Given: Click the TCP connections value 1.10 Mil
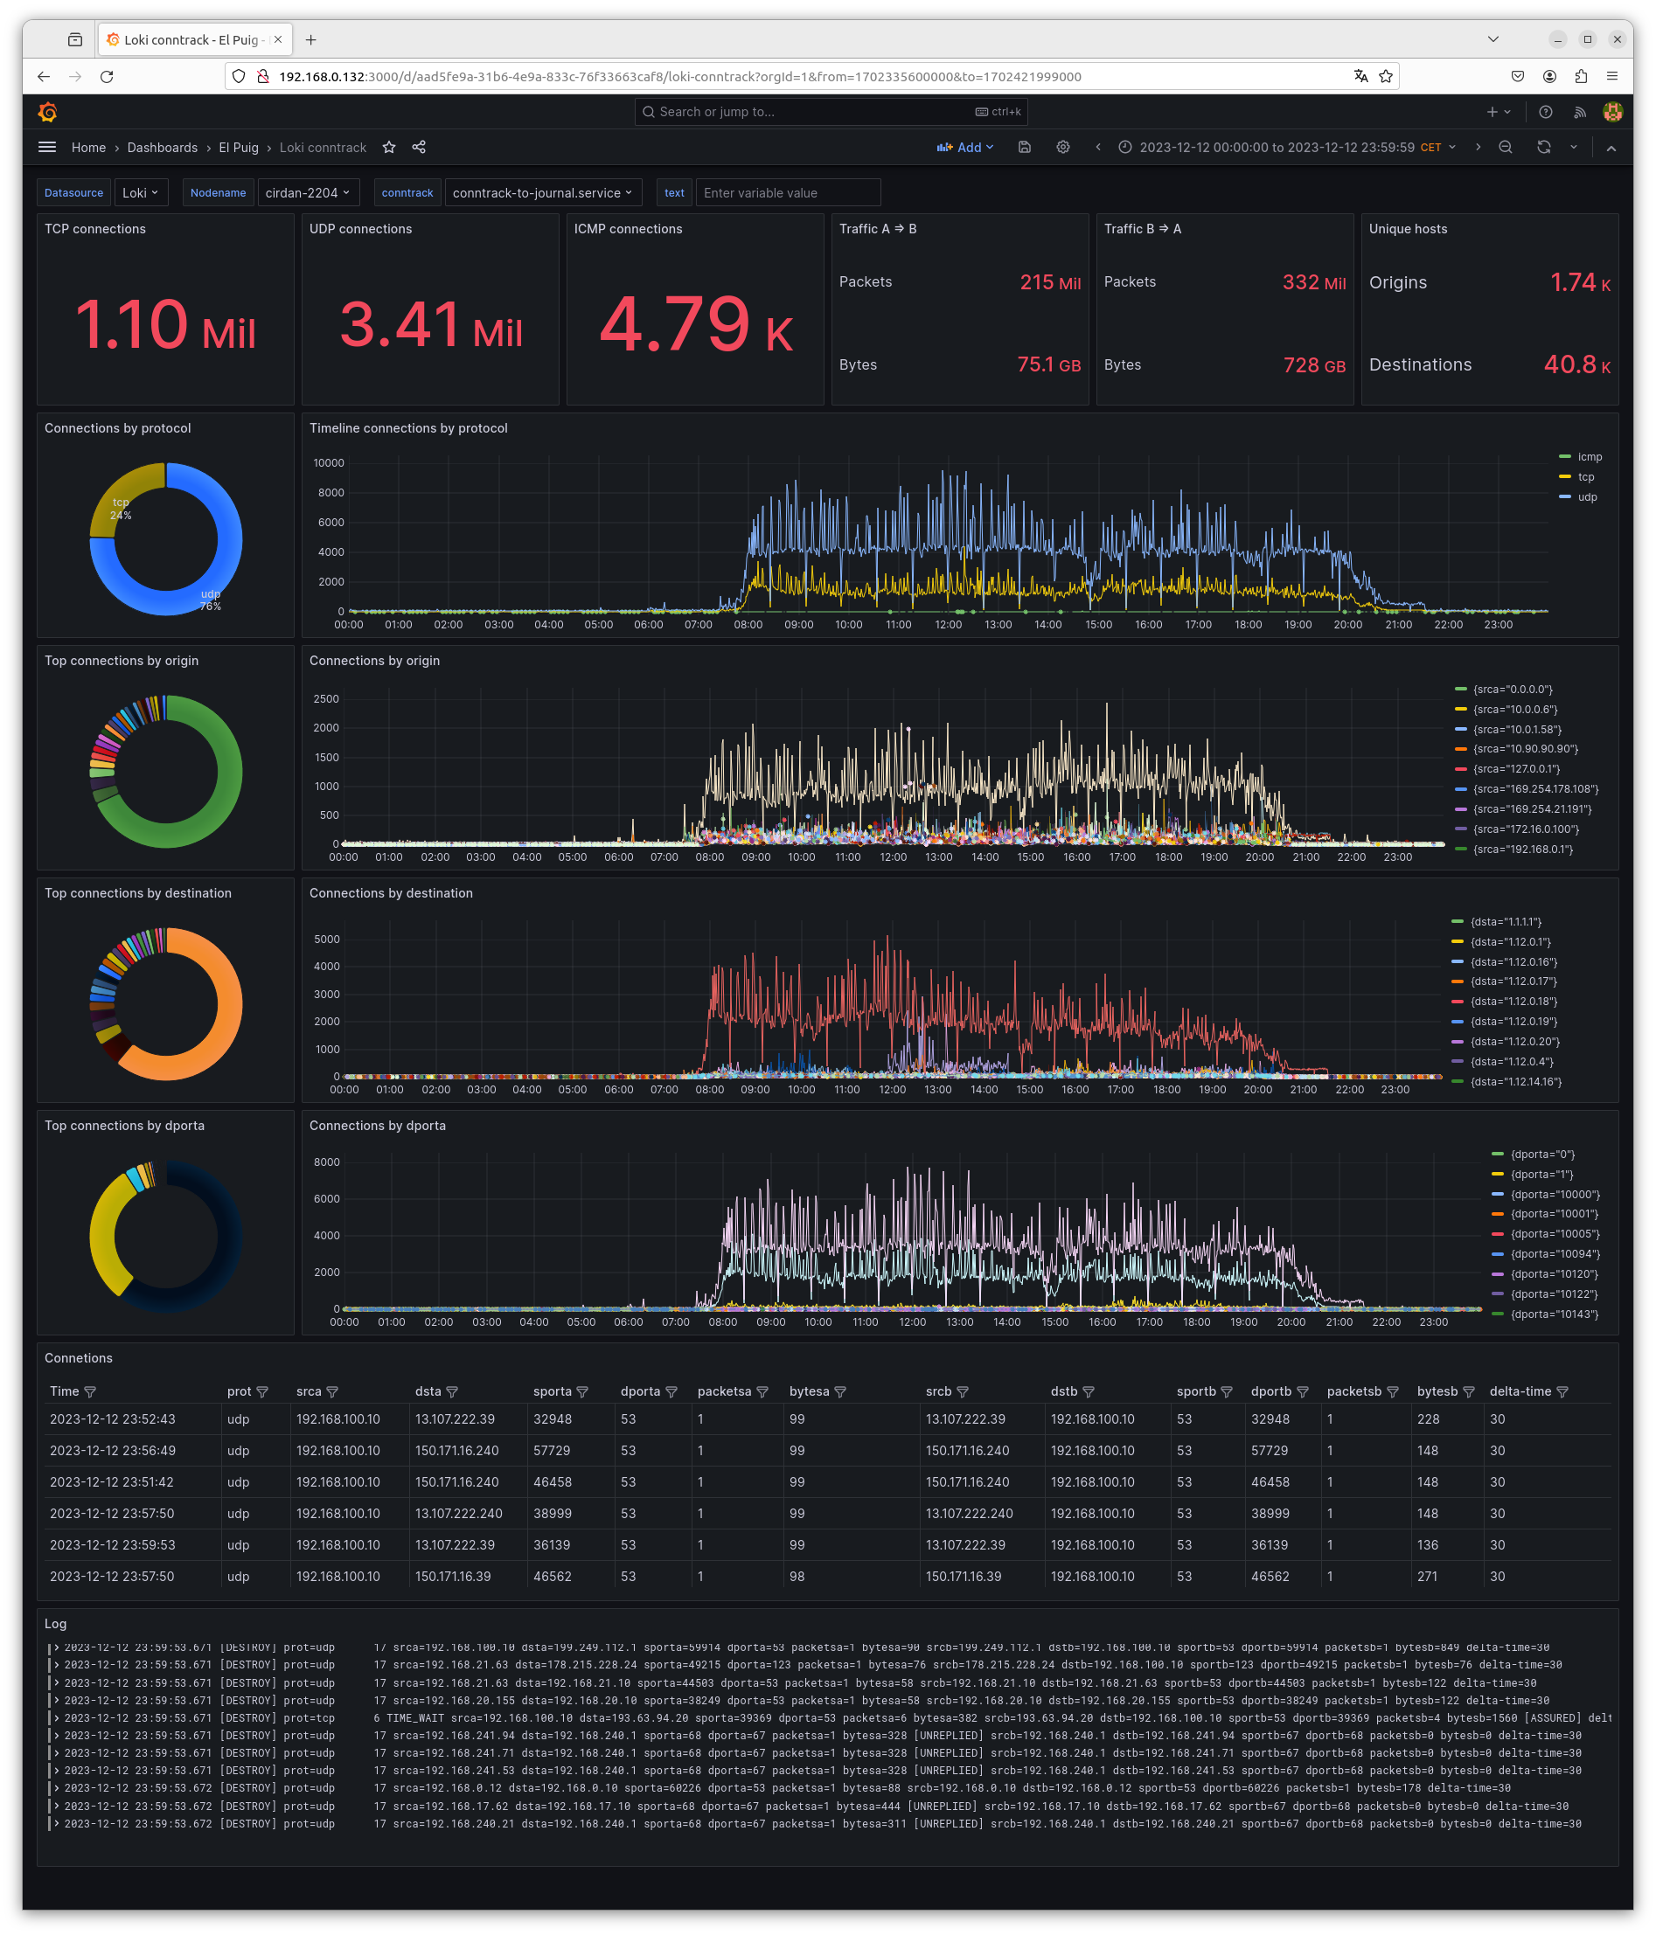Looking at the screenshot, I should [164, 324].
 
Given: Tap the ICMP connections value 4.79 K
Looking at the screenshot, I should [695, 324].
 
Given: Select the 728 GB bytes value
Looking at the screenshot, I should [1313, 365].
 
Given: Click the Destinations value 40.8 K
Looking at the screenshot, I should [1576, 365].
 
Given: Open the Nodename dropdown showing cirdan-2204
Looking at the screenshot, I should [307, 192].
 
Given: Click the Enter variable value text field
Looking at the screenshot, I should [788, 192].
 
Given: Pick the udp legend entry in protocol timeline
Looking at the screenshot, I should [1587, 496].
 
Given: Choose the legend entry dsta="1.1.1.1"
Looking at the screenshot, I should [1505, 922].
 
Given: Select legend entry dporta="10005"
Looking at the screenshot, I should [1555, 1234].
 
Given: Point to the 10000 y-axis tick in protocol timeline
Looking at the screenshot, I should [329, 463].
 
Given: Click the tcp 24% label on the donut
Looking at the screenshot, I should [121, 509].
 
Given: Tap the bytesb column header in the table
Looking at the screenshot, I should [1437, 1391].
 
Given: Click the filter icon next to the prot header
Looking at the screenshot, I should [262, 1392].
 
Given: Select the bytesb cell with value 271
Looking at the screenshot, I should [1427, 1577].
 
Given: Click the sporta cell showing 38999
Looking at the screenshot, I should [551, 1513].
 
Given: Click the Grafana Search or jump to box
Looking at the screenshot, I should [831, 112].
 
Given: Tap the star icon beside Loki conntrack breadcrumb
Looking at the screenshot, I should [389, 148].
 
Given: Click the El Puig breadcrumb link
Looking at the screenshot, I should [238, 148].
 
